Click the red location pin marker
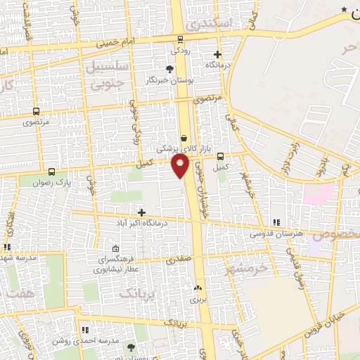click(180, 166)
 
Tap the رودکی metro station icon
click(180, 39)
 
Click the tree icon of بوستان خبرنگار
click(169, 69)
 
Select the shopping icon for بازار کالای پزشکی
click(184, 139)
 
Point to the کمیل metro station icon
click(221, 157)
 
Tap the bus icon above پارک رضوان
click(51, 172)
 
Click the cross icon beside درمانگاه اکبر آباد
click(142, 212)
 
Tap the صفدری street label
click(179, 259)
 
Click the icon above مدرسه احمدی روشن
click(85, 330)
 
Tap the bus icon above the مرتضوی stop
click(36, 112)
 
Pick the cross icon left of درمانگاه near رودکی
click(218, 54)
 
